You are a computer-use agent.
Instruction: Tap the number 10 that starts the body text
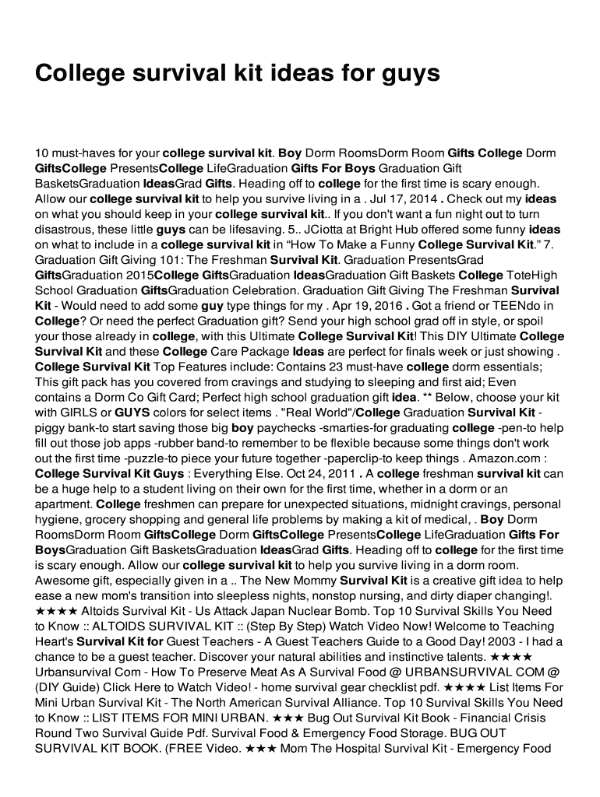[x=41, y=153]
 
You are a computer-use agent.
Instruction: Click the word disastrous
[x=62, y=230]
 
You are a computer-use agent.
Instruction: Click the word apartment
[x=64, y=503]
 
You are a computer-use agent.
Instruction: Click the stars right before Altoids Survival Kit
[x=56, y=610]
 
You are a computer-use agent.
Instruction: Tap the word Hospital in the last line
[x=377, y=748]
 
